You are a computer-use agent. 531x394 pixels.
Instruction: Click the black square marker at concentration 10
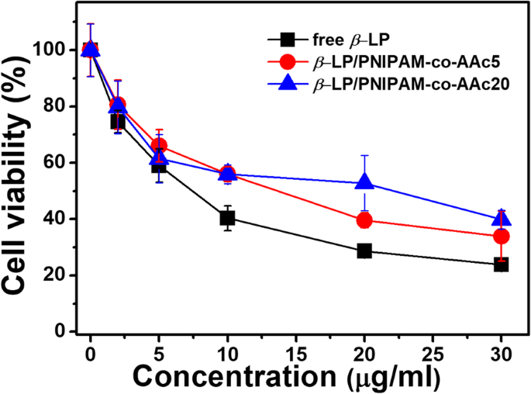pos(227,218)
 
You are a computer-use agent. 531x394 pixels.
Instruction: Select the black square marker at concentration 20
pos(364,251)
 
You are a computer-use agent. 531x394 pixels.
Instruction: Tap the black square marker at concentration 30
pos(501,264)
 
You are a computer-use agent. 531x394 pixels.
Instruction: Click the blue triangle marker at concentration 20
pos(364,183)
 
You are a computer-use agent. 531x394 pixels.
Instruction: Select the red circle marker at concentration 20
pos(364,221)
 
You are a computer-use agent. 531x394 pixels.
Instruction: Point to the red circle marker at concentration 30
pos(501,237)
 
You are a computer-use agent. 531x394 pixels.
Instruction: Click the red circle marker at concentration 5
pos(159,146)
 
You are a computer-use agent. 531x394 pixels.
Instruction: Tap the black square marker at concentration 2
pos(118,121)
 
